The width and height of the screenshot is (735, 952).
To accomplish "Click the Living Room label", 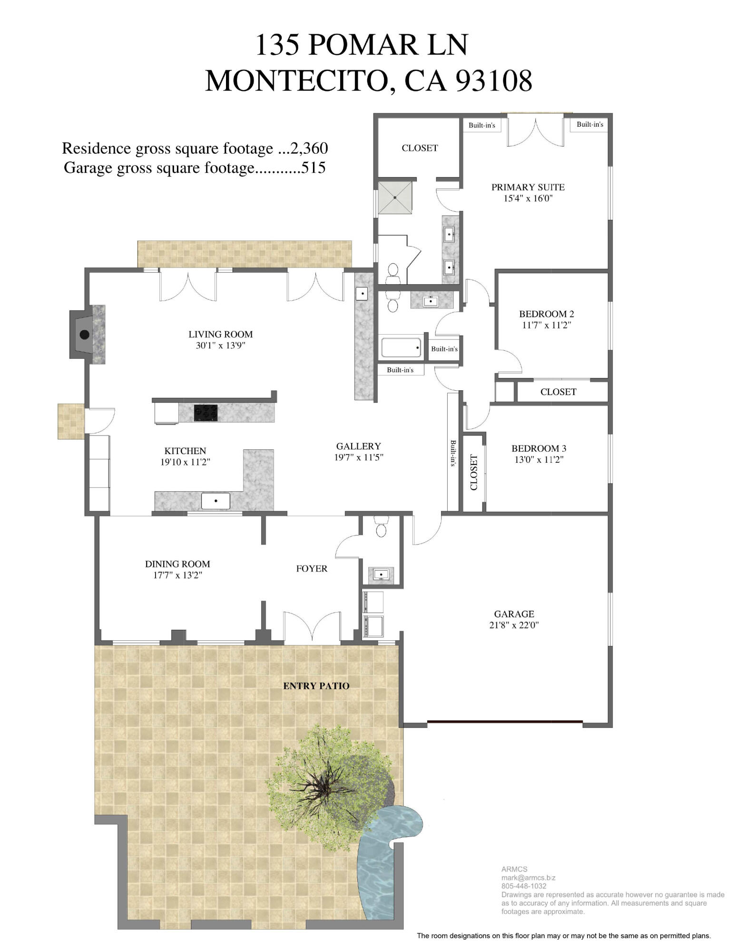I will tap(220, 334).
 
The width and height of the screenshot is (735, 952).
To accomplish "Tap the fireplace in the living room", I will tap(85, 334).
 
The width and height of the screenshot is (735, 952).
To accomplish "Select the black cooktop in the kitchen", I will tap(206, 413).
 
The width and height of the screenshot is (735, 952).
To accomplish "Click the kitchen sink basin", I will tap(216, 501).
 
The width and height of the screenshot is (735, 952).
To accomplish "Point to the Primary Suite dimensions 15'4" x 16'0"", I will tap(528, 198).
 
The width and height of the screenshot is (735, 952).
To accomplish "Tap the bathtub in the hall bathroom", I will tap(401, 347).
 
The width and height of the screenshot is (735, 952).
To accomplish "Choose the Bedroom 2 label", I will tap(546, 314).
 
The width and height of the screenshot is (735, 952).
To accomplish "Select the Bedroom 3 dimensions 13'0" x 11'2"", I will tap(539, 460).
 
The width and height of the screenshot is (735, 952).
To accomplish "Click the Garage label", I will tap(514, 614).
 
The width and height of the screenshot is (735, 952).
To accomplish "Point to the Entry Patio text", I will tap(316, 686).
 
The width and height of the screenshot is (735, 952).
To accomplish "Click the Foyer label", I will tap(312, 568).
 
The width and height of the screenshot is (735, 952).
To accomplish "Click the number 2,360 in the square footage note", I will tap(309, 149).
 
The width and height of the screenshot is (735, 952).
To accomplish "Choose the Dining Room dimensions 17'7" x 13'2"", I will tap(177, 575).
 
